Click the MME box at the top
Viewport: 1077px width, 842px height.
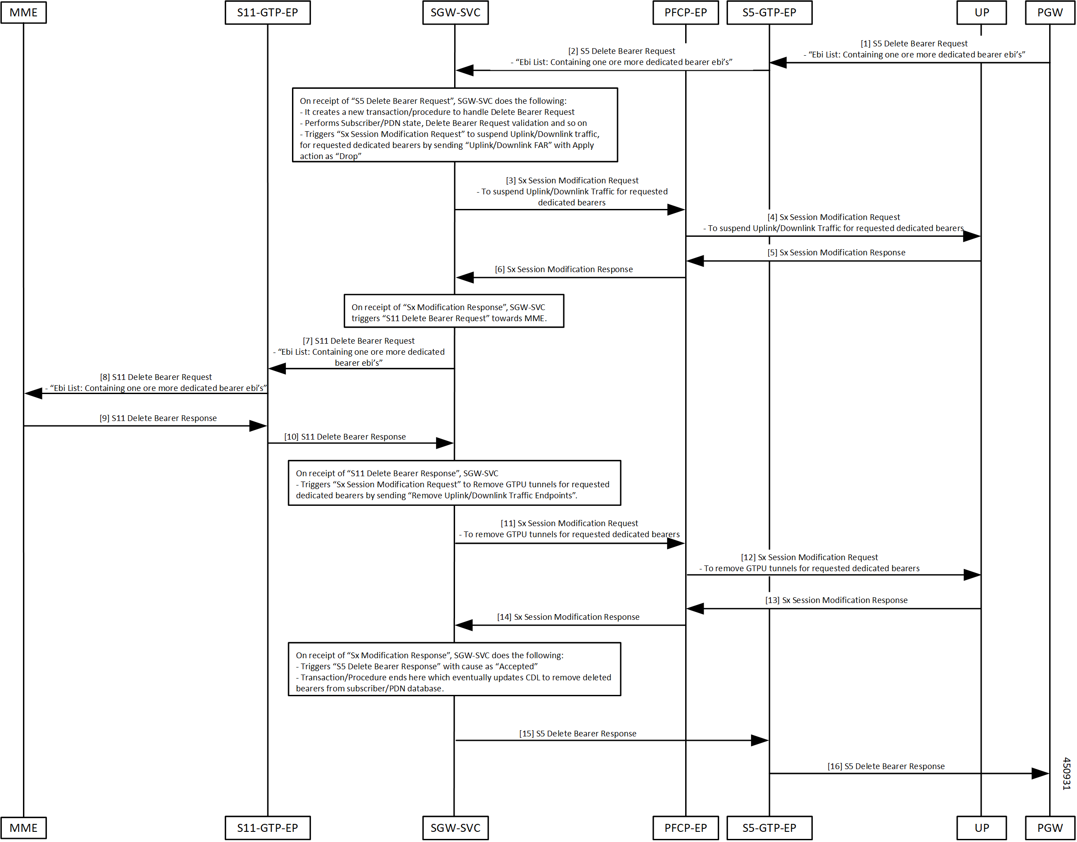tap(24, 12)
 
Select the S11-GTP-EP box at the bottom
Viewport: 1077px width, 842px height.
tap(268, 828)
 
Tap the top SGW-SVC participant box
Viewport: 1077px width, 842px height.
tap(455, 12)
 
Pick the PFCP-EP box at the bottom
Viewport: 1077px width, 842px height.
tap(686, 828)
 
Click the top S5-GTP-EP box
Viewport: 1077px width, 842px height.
tap(769, 12)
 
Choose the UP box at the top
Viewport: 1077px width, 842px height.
tap(981, 12)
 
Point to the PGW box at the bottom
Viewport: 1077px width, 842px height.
tap(1050, 828)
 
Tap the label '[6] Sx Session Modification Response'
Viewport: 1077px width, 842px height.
tap(564, 269)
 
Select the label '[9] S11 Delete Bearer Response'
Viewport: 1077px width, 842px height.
tap(158, 418)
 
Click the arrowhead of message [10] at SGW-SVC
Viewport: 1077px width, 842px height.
tap(445, 444)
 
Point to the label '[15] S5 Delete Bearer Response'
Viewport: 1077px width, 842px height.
tap(577, 734)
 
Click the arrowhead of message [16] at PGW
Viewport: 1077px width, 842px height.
tap(1040, 774)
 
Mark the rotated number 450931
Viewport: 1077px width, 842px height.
tap(1067, 774)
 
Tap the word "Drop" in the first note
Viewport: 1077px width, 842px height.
tap(348, 156)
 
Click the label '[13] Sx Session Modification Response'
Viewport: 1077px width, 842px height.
tap(836, 600)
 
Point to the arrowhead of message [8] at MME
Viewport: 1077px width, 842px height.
tap(33, 394)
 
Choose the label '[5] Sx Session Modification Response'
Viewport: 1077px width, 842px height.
tap(836, 253)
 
